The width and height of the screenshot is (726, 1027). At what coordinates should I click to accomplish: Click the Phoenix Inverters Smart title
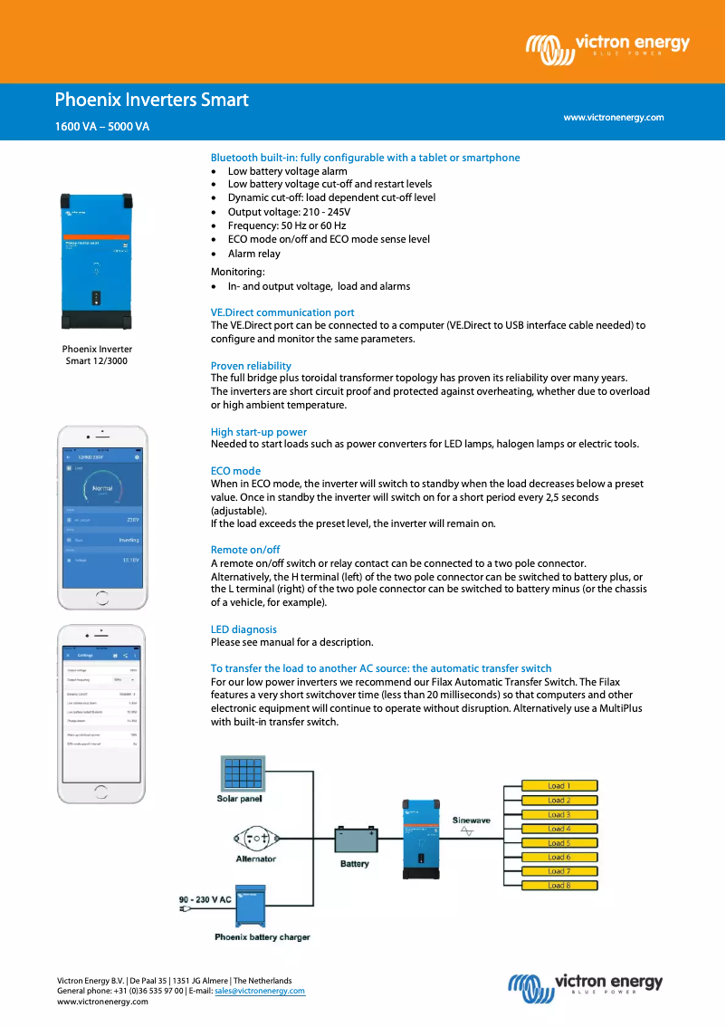tap(151, 100)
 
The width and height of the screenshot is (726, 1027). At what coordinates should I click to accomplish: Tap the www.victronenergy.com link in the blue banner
tap(613, 118)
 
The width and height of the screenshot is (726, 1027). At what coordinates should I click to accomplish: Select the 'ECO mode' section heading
tap(235, 471)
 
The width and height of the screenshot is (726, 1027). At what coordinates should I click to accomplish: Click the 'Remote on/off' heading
tap(245, 550)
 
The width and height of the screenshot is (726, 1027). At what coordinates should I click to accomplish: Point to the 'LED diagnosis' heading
tap(244, 629)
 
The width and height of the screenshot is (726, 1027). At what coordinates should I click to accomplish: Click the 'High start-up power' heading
tap(259, 432)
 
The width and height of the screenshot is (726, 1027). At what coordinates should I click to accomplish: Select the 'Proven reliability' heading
tap(251, 366)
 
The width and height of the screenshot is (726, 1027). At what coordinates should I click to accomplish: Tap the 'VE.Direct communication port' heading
tap(282, 312)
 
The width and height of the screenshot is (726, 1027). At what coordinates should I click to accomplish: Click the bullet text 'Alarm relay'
tap(253, 254)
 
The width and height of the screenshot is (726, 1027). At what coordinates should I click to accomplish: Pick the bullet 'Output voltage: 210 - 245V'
tap(289, 212)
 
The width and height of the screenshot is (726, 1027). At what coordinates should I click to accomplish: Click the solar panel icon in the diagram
tap(240, 773)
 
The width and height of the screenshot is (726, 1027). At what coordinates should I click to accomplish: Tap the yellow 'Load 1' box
tap(559, 786)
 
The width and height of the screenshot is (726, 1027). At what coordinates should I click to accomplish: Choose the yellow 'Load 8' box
tap(559, 885)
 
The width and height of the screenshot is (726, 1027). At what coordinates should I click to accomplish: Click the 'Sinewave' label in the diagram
tap(471, 821)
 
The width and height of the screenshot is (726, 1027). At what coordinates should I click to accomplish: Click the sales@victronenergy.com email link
tap(260, 991)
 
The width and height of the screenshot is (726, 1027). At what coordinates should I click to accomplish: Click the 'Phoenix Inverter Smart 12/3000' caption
tap(97, 355)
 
